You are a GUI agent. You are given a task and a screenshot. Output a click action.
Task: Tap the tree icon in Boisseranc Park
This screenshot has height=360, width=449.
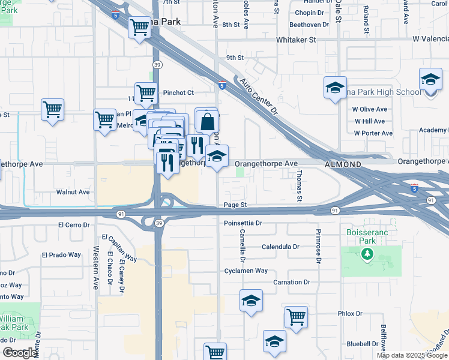pyautogui.click(x=367, y=254)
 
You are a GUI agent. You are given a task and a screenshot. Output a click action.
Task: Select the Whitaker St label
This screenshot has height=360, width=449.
pyautogui.click(x=296, y=40)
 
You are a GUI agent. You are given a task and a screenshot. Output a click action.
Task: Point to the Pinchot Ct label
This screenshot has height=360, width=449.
pyautogui.click(x=178, y=93)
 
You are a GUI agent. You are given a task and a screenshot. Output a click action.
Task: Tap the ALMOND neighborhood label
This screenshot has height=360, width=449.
pyautogui.click(x=343, y=164)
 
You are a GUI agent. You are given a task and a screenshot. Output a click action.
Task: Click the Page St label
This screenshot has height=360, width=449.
pyautogui.click(x=235, y=205)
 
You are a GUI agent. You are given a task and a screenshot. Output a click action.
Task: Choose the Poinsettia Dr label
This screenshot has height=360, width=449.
pyautogui.click(x=243, y=223)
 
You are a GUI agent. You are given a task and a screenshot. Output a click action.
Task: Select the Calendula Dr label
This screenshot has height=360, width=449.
pyautogui.click(x=280, y=247)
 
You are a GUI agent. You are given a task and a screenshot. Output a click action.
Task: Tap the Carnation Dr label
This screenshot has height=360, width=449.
pyautogui.click(x=291, y=282)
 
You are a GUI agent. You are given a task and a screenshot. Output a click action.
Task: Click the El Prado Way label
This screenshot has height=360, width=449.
pyautogui.click(x=61, y=254)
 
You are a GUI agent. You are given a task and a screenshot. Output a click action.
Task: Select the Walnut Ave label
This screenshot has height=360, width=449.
pyautogui.click(x=73, y=192)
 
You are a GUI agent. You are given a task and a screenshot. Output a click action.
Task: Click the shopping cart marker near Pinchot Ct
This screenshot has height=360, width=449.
pyautogui.click(x=146, y=94)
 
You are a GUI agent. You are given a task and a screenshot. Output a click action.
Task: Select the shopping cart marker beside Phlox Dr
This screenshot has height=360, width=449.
pyautogui.click(x=296, y=316)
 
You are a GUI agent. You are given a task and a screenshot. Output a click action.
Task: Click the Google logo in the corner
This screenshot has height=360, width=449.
pyautogui.click(x=20, y=353)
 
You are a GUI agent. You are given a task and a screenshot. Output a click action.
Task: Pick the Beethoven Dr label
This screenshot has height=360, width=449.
pyautogui.click(x=310, y=25)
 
